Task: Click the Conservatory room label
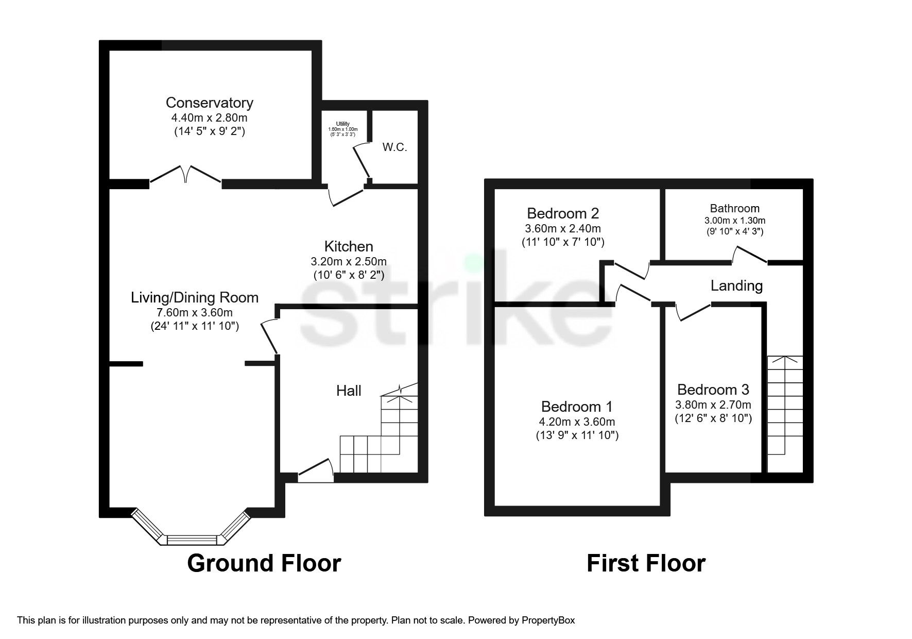pyautogui.click(x=209, y=103)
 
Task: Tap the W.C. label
pyautogui.click(x=394, y=147)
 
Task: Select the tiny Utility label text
pyautogui.click(x=343, y=124)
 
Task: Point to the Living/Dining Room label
pyautogui.click(x=195, y=297)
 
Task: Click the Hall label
pyautogui.click(x=349, y=391)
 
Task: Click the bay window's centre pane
pyautogui.click(x=193, y=540)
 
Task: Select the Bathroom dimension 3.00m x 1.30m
pyautogui.click(x=734, y=220)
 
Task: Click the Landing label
pyautogui.click(x=736, y=285)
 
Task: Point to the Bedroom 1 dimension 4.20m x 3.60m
pyautogui.click(x=577, y=422)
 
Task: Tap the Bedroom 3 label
pyautogui.click(x=713, y=390)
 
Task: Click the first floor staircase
pyautogui.click(x=784, y=412)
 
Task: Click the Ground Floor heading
pyautogui.click(x=264, y=563)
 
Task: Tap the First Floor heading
pyautogui.click(x=646, y=563)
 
